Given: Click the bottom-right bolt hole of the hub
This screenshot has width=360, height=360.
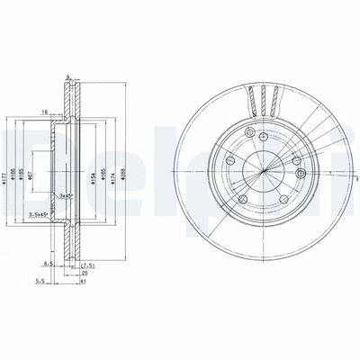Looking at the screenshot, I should click(x=282, y=199).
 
